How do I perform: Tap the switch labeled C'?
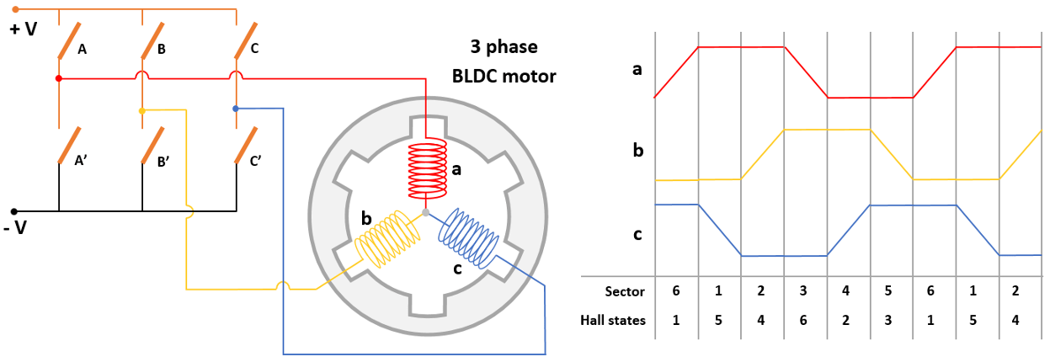point(245,146)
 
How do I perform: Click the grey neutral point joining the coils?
point(425,213)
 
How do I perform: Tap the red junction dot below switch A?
point(58,78)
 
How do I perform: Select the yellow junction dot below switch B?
point(142,110)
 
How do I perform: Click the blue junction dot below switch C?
point(235,109)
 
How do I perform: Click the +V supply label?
point(23,29)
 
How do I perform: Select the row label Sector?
point(624,292)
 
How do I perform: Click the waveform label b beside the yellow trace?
point(637,152)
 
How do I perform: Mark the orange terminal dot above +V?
point(14,9)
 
